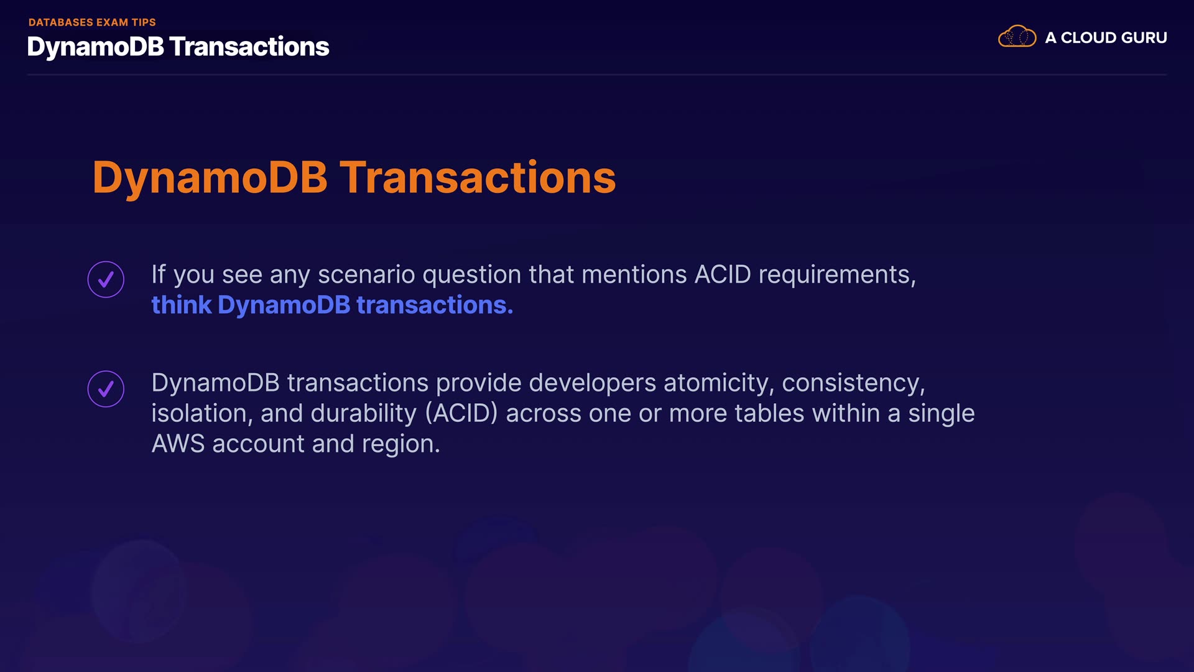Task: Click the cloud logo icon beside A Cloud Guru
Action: pyautogui.click(x=1017, y=37)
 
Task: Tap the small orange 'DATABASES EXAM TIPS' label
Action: pyautogui.click(x=92, y=22)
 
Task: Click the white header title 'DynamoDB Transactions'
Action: pyautogui.click(x=178, y=47)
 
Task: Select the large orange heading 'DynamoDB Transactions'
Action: pyautogui.click(x=354, y=177)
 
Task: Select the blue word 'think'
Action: pyautogui.click(x=182, y=305)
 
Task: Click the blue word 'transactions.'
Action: pyautogui.click(x=435, y=305)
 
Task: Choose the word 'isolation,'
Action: pyautogui.click(x=202, y=414)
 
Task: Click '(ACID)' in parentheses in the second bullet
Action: pyautogui.click(x=461, y=414)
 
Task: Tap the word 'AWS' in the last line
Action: pyautogui.click(x=178, y=444)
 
